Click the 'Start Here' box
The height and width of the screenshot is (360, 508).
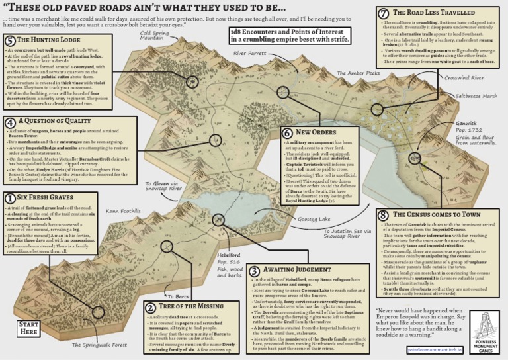tap(19, 328)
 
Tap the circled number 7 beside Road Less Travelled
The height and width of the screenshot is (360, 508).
tap(383, 13)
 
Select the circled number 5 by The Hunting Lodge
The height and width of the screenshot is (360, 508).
tap(10, 42)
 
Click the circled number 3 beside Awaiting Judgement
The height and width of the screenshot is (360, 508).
tap(255, 271)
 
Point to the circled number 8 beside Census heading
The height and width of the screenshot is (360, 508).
tap(383, 216)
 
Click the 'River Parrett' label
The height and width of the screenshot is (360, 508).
tap(249, 52)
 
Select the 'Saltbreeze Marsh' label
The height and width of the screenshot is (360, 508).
tap(476, 96)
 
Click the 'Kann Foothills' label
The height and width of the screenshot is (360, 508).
tap(123, 211)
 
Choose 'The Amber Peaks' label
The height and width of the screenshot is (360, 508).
tap(359, 73)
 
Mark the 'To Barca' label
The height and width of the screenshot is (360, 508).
tap(180, 297)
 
